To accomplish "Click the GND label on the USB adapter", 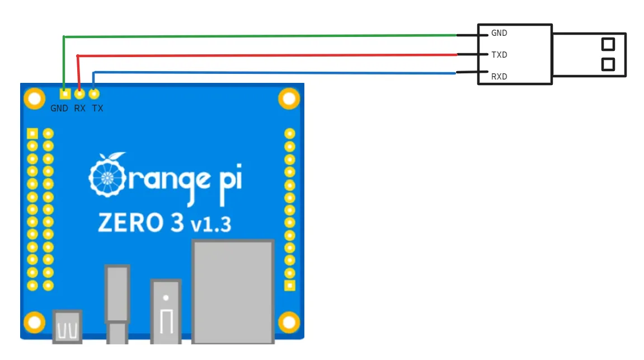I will click(499, 34).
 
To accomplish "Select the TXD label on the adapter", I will click(499, 55).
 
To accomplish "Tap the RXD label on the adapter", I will click(499, 77).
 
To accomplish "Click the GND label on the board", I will click(59, 109).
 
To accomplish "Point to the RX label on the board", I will click(80, 109).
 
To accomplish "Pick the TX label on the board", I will click(97, 109).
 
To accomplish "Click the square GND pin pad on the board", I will click(65, 93).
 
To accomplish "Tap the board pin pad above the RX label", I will click(79, 93).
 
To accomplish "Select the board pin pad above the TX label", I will click(94, 93).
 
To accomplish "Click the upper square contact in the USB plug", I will click(608, 44).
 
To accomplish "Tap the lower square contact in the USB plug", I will click(608, 64).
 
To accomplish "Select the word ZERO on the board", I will click(130, 222).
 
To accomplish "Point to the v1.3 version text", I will click(210, 225).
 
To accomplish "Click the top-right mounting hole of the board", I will click(289, 99).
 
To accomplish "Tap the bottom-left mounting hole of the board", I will click(34, 322).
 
